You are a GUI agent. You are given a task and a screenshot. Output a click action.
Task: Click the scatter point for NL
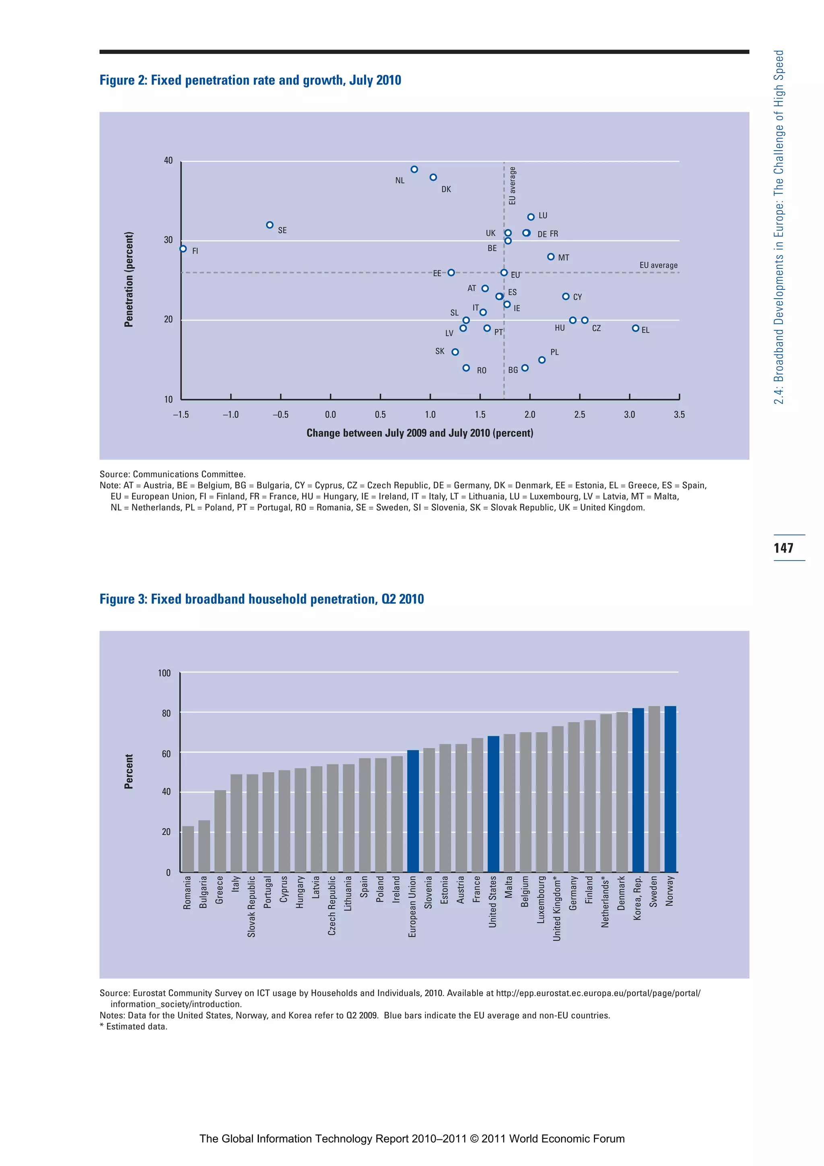(x=414, y=169)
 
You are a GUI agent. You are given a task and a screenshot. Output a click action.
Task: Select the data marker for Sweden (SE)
(x=270, y=225)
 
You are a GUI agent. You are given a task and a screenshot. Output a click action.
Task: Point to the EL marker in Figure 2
(x=635, y=328)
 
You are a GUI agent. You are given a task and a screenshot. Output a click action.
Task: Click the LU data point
(x=531, y=217)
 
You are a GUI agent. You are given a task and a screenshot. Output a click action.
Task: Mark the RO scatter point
(x=466, y=368)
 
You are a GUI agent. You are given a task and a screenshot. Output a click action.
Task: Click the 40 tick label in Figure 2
(x=168, y=161)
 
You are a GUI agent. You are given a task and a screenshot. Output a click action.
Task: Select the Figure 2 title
(x=250, y=80)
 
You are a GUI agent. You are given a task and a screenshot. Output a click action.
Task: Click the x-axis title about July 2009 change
(x=420, y=433)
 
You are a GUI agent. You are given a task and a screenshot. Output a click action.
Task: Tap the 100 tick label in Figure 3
(x=164, y=673)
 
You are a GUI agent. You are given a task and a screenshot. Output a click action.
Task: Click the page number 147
(x=783, y=548)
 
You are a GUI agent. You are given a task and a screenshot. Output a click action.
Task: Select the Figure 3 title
(x=262, y=599)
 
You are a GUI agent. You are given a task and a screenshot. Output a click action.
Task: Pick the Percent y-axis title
(x=129, y=772)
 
